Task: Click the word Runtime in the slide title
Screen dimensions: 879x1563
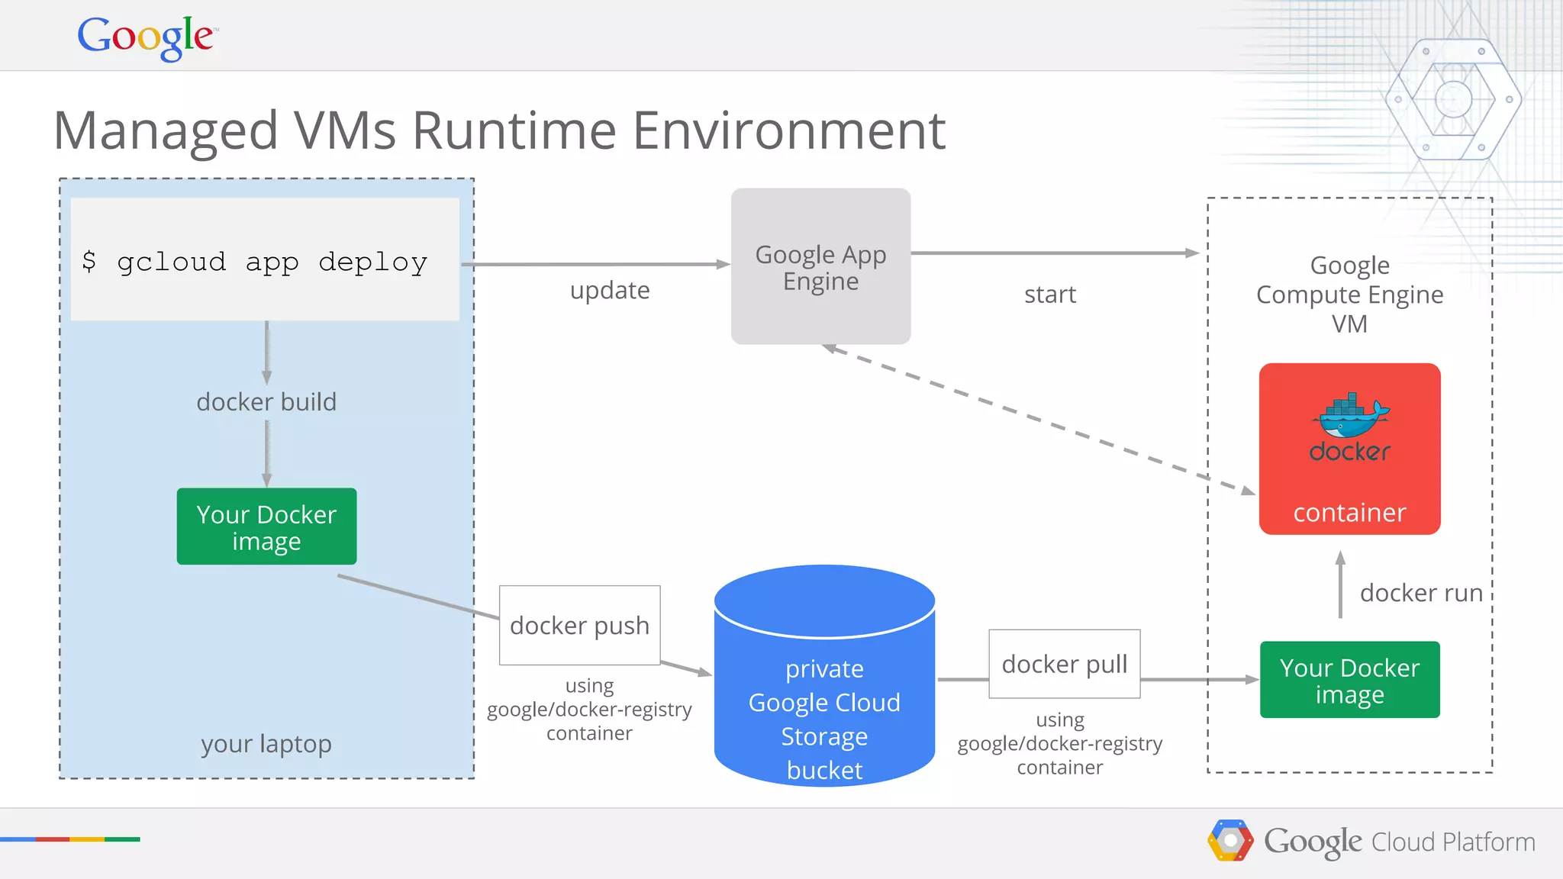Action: coord(514,130)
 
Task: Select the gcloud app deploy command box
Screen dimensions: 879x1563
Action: coord(265,259)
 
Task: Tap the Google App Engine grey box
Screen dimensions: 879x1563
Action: coord(820,266)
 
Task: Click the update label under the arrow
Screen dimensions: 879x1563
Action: coord(610,291)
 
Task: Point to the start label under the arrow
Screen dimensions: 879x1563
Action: coord(1049,295)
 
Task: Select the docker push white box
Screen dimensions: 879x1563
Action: coord(579,626)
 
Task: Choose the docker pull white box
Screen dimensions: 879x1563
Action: coord(1064,664)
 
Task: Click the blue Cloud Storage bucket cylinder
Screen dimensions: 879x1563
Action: coord(824,687)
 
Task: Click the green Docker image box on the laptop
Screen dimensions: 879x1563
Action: coord(266,526)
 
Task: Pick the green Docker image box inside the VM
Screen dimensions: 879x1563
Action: coord(1349,680)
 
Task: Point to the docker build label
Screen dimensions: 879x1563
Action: coord(266,402)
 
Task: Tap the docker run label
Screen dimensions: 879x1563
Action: coord(1420,593)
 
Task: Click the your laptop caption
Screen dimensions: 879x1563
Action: coord(266,744)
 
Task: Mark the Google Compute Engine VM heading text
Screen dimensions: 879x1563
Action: coord(1349,295)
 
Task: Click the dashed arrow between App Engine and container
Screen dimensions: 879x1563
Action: coord(1038,419)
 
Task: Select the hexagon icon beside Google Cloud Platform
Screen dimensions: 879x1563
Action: coord(1229,841)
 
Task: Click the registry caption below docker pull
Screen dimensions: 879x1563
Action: coord(1059,744)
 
